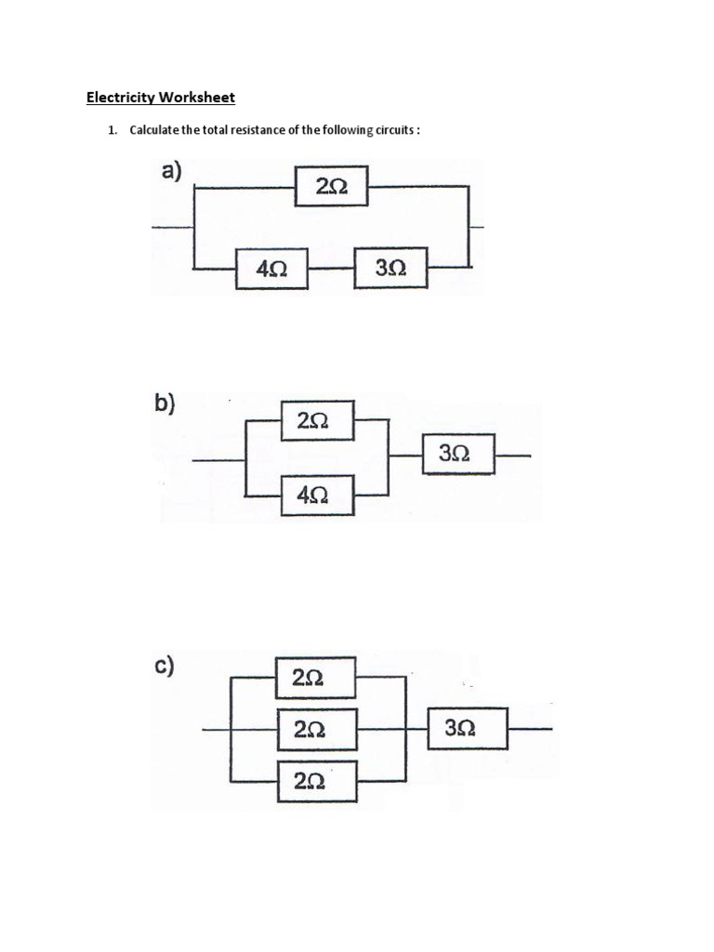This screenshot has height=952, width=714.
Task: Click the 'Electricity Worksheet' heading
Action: [161, 97]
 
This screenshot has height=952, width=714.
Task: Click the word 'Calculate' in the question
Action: [153, 130]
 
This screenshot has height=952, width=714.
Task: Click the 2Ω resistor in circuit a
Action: [331, 187]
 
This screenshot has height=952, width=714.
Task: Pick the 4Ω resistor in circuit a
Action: [271, 269]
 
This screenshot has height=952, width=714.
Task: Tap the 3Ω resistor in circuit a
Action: [391, 269]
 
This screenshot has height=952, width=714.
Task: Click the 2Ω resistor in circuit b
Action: [318, 421]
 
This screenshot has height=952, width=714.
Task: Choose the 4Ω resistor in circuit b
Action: [318, 494]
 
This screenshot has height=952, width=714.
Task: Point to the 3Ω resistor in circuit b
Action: [458, 455]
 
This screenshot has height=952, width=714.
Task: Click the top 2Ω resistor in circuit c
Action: [315, 678]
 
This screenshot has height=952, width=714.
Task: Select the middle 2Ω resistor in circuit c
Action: [315, 730]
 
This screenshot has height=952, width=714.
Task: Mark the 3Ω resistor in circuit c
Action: [468, 729]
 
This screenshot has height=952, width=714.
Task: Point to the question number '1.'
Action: [112, 130]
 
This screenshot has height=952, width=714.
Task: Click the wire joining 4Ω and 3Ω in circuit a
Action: [331, 268]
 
